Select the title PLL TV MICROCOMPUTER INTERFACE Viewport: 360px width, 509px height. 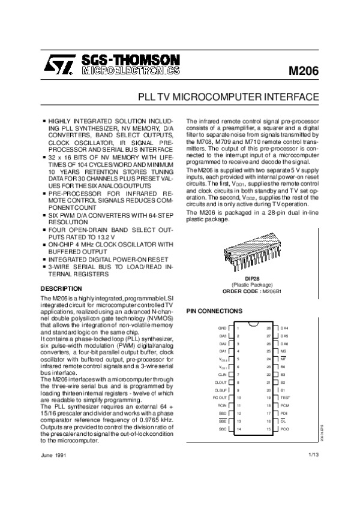[229, 97]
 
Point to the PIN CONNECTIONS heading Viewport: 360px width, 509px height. [215, 311]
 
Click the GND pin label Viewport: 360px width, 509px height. [222, 329]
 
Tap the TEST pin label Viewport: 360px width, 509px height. [286, 397]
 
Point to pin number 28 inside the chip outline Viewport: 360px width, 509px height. [269, 329]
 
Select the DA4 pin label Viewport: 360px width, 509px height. [284, 329]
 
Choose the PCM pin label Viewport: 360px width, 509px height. [285, 405]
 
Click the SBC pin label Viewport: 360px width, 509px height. [222, 429]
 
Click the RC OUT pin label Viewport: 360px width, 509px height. [220, 397]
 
